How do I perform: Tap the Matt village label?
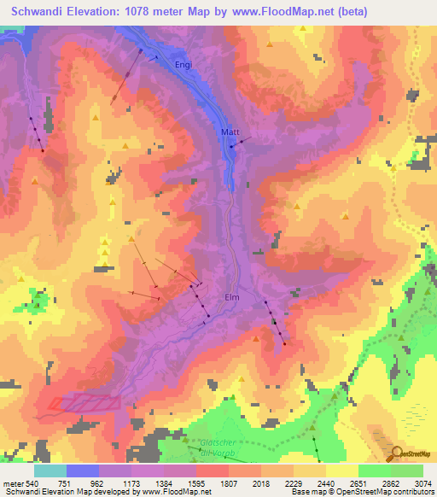pyautogui.click(x=230, y=132)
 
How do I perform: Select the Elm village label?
pyautogui.click(x=232, y=297)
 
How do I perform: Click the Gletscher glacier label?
pyautogui.click(x=219, y=443)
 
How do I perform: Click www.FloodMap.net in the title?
pyautogui.click(x=311, y=11)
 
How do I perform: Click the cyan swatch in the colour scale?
pyautogui.click(x=50, y=471)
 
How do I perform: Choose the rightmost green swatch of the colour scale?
pyautogui.click(x=407, y=471)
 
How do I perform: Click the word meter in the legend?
pyautogui.click(x=14, y=482)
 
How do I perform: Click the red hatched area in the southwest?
pyautogui.click(x=84, y=402)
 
